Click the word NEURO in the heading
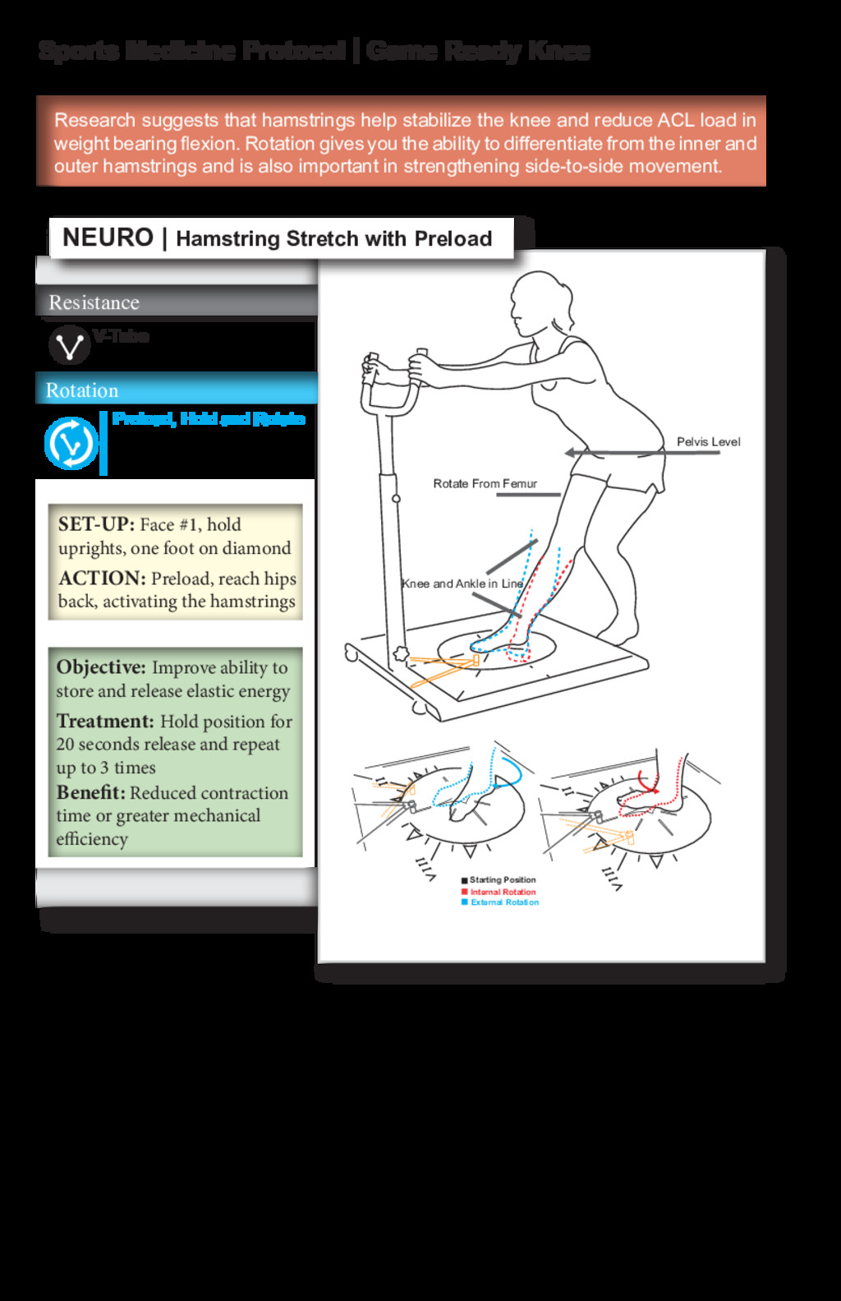108,238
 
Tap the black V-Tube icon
69,345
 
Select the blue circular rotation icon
71,443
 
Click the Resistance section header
94,302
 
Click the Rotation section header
82,390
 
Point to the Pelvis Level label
708,442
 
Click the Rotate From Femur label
485,484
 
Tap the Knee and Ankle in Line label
462,584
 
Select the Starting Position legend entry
502,880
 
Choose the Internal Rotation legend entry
502,892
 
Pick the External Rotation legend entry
503,902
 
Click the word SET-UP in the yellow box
95,524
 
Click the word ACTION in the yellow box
101,579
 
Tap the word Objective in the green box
101,667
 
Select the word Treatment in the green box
105,722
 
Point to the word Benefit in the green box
90,793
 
